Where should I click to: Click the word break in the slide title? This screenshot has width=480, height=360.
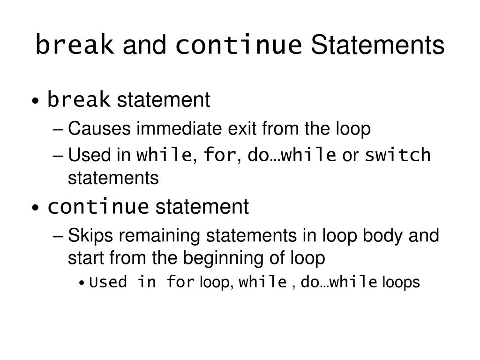pyautogui.click(x=75, y=45)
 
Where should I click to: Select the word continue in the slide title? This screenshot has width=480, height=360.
pyautogui.click(x=239, y=45)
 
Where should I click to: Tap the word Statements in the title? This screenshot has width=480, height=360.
pyautogui.click(x=377, y=45)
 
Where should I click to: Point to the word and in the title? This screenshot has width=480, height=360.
pyautogui.click(x=144, y=45)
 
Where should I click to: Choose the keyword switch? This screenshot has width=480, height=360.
pyautogui.click(x=397, y=154)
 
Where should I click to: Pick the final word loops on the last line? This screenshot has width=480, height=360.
pyautogui.click(x=401, y=283)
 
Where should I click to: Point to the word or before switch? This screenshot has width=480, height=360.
pyautogui.click(x=350, y=154)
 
